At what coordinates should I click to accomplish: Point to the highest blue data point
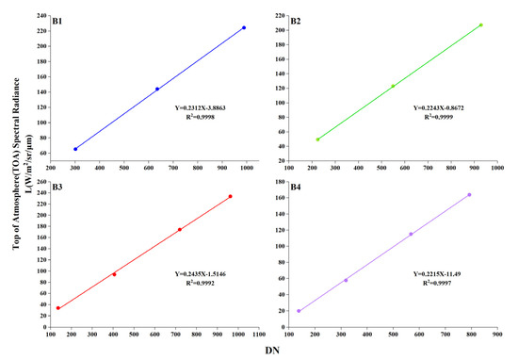click(244, 27)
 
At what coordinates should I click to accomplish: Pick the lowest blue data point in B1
click(75, 149)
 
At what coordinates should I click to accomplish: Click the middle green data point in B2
click(393, 87)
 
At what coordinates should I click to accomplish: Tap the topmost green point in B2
click(480, 25)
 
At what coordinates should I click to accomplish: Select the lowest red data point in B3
click(58, 308)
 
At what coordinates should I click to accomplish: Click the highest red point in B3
click(230, 196)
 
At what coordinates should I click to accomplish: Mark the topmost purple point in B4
click(469, 195)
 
